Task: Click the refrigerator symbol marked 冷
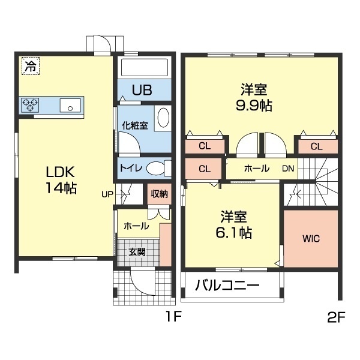pos(29,65)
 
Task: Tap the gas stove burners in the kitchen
pos(30,105)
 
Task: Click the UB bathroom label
pos(142,91)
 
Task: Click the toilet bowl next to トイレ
pos(155,167)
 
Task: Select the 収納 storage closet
pos(158,193)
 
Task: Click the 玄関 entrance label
pos(137,251)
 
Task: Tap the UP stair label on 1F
pos(107,194)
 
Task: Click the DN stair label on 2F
pos(289,169)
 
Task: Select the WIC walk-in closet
pos(311,238)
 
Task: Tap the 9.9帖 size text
pos(254,106)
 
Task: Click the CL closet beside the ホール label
pos(204,169)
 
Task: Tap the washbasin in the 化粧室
pos(163,119)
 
